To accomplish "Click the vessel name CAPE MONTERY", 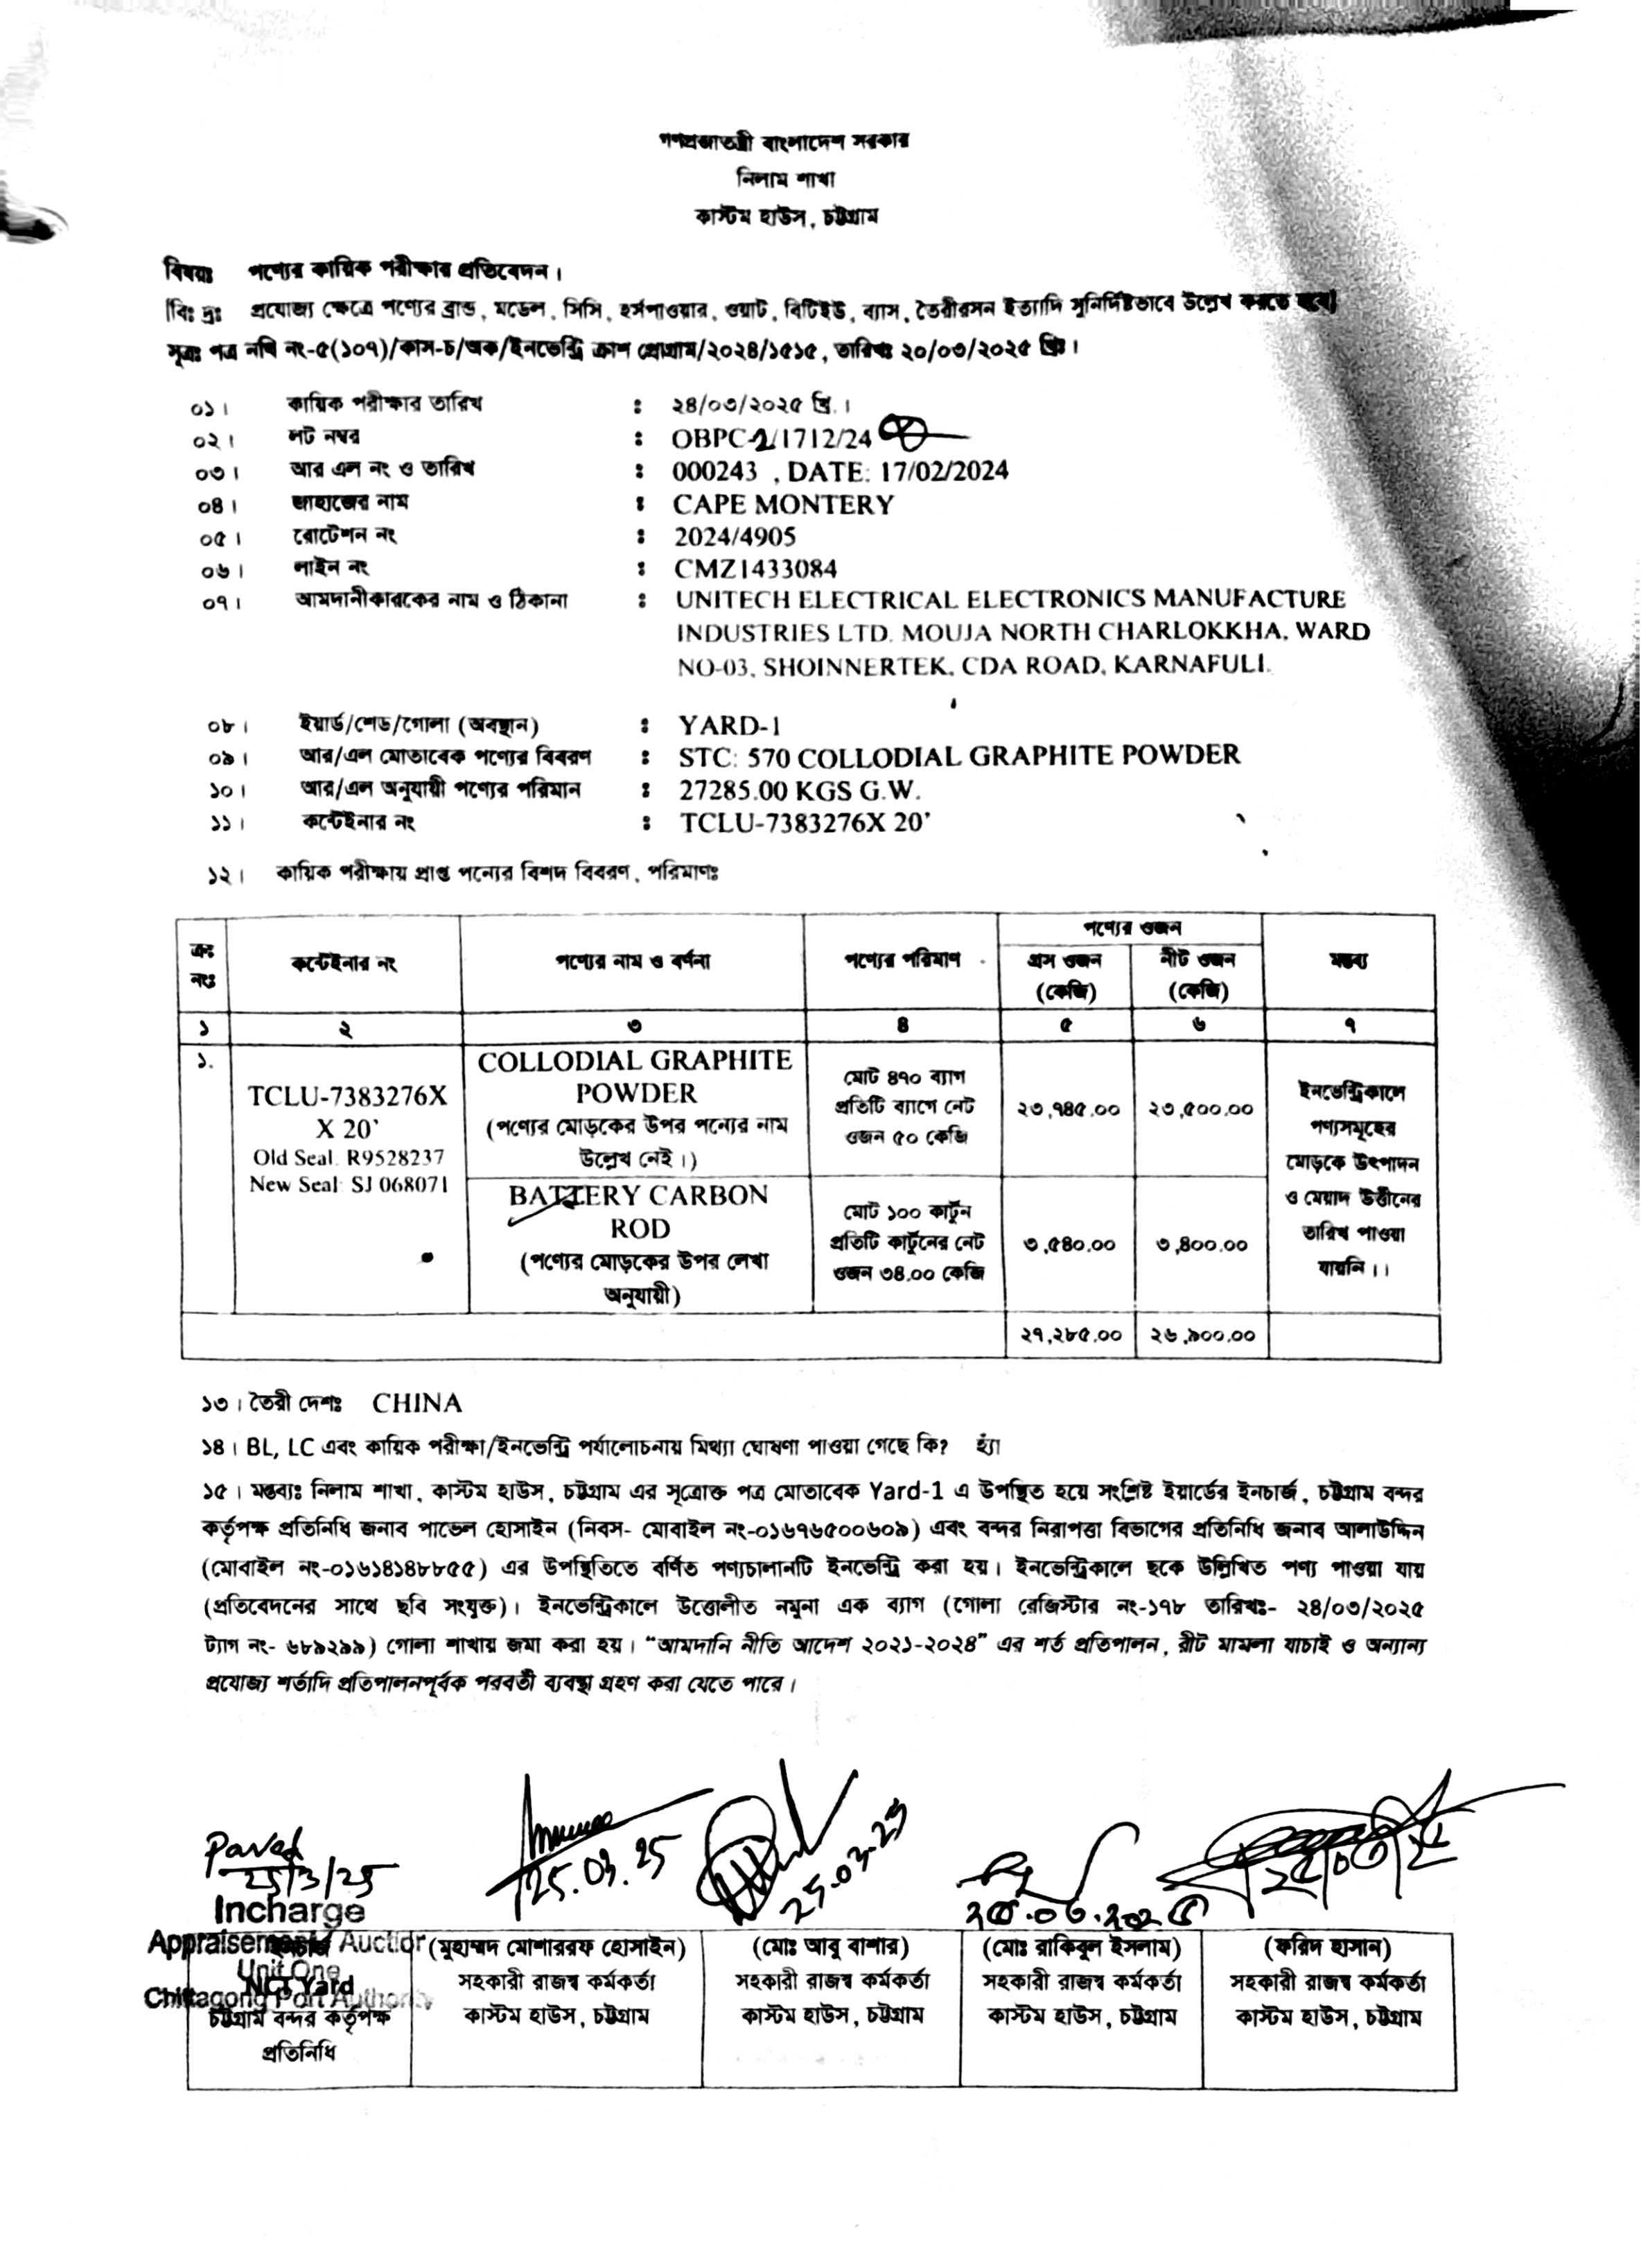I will [783, 505].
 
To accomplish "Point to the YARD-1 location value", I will [723, 725].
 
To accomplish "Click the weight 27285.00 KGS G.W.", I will [800, 791].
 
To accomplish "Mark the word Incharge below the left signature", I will [289, 1910].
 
